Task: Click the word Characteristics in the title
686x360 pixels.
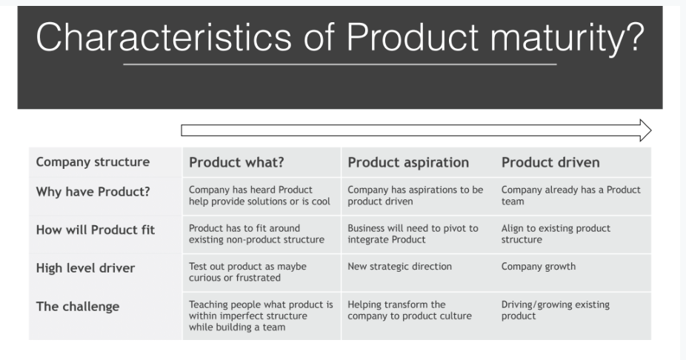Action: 164,38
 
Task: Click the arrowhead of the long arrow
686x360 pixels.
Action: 645,130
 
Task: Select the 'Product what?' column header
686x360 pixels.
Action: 236,163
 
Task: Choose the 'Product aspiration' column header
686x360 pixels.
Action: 408,163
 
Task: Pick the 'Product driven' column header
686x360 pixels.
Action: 550,163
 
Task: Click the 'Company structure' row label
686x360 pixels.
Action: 93,162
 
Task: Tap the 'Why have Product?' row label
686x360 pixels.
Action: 93,192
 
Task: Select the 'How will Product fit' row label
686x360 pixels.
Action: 96,230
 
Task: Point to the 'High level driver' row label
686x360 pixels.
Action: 85,268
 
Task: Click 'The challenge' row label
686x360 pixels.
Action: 78,307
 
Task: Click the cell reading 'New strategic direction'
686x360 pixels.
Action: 399,267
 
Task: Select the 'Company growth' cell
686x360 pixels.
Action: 539,267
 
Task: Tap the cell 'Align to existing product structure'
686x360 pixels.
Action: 556,234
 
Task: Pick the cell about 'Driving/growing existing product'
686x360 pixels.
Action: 555,310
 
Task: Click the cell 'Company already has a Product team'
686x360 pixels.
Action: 571,196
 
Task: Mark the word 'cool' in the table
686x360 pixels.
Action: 321,201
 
